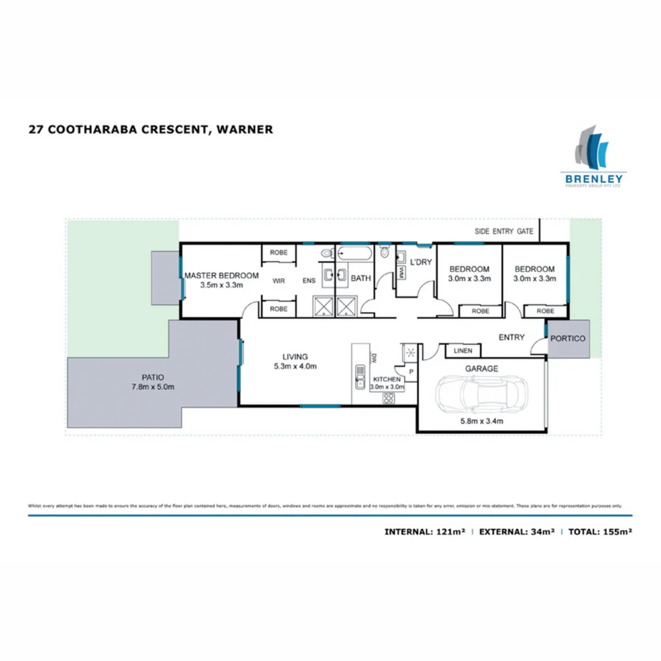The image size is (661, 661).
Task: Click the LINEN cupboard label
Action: coord(462,351)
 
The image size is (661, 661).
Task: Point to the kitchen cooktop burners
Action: coord(388,398)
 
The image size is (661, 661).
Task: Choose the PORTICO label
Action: coord(569,338)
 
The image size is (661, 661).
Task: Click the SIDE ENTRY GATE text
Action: coord(504,232)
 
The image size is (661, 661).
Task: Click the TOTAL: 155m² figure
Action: coord(600,532)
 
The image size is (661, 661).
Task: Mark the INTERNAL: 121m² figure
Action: coord(425,532)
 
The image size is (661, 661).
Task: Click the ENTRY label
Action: coord(511,337)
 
